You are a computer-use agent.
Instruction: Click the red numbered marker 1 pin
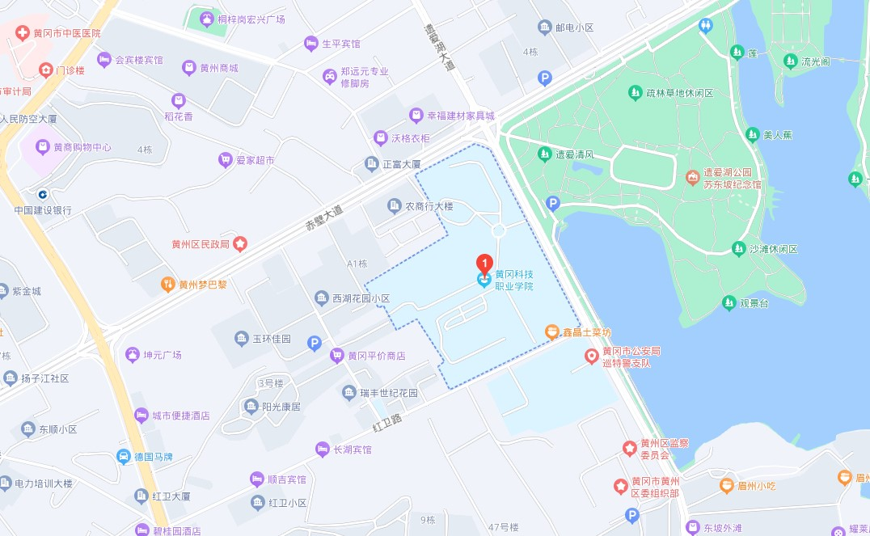[484, 264]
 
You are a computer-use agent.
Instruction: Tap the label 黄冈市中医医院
[67, 33]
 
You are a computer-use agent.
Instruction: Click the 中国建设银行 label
[43, 210]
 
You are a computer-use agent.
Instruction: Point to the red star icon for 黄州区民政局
[240, 243]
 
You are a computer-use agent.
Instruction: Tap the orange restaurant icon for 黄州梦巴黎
[167, 284]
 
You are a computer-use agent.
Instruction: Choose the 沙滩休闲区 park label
[774, 249]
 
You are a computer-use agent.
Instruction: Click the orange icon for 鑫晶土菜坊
[551, 331]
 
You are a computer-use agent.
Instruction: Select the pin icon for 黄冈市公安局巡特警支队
[591, 356]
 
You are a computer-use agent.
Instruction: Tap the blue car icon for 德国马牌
[124, 456]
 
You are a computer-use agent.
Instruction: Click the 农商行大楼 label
[429, 206]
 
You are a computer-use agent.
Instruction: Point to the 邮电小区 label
[574, 27]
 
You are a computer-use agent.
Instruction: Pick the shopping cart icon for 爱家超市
[226, 160]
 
